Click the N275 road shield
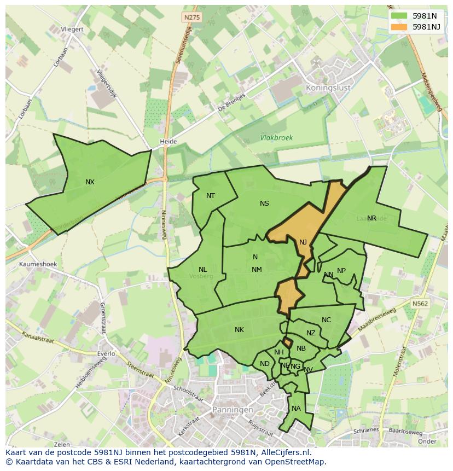(192, 18)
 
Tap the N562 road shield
(420, 304)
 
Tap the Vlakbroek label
(276, 138)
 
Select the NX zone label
(90, 182)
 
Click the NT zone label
(211, 196)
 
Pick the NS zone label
(264, 203)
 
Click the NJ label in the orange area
(303, 242)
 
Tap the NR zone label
(371, 218)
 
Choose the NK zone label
(239, 330)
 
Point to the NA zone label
(296, 409)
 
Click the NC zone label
(326, 321)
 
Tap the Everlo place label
(106, 353)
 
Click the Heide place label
(168, 142)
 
